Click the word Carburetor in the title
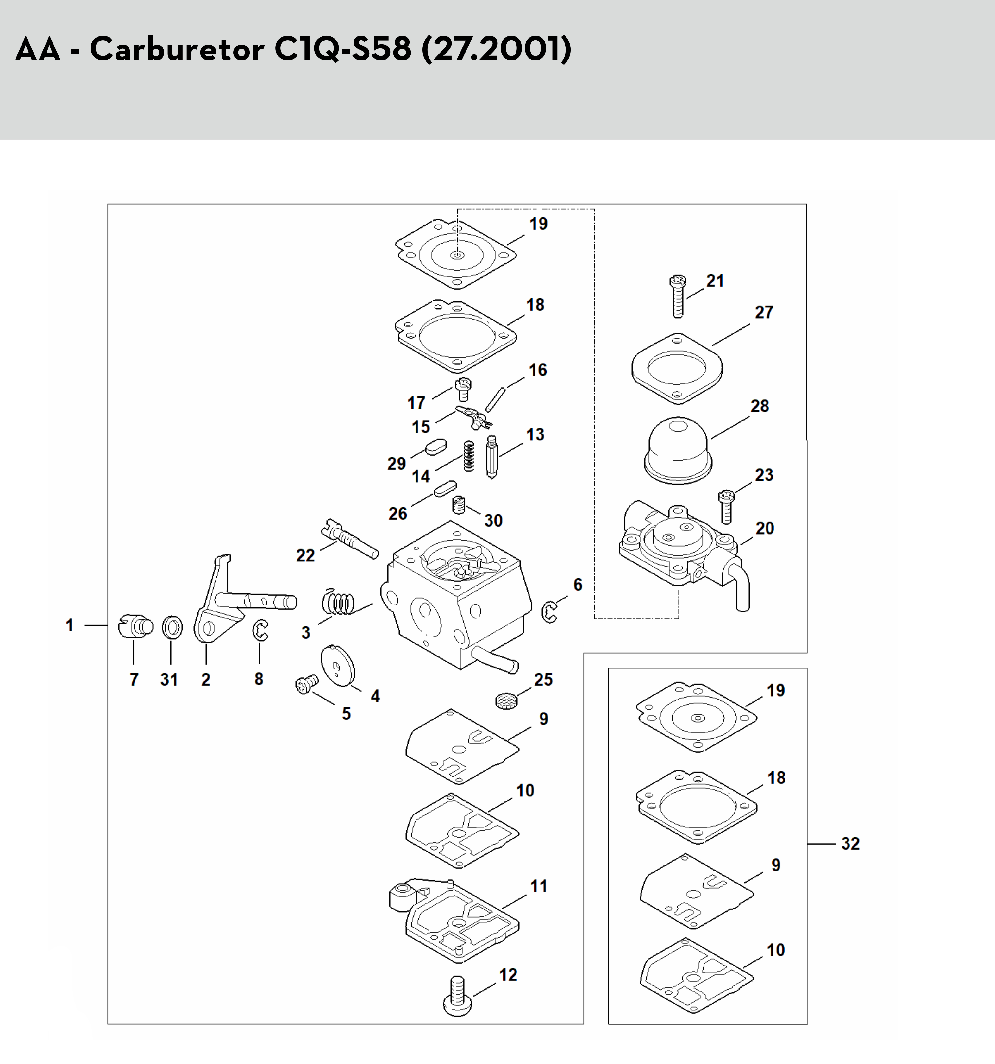177,49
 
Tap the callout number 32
850,844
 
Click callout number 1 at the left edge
70,625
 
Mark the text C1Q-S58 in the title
343,49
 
